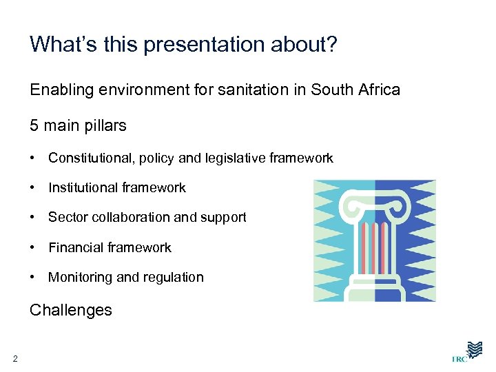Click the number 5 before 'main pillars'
(34, 126)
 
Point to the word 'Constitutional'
(88, 158)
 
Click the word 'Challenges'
(70, 310)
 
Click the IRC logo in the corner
(468, 351)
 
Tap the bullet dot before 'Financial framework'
(33, 247)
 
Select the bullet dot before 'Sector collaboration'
(33, 218)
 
